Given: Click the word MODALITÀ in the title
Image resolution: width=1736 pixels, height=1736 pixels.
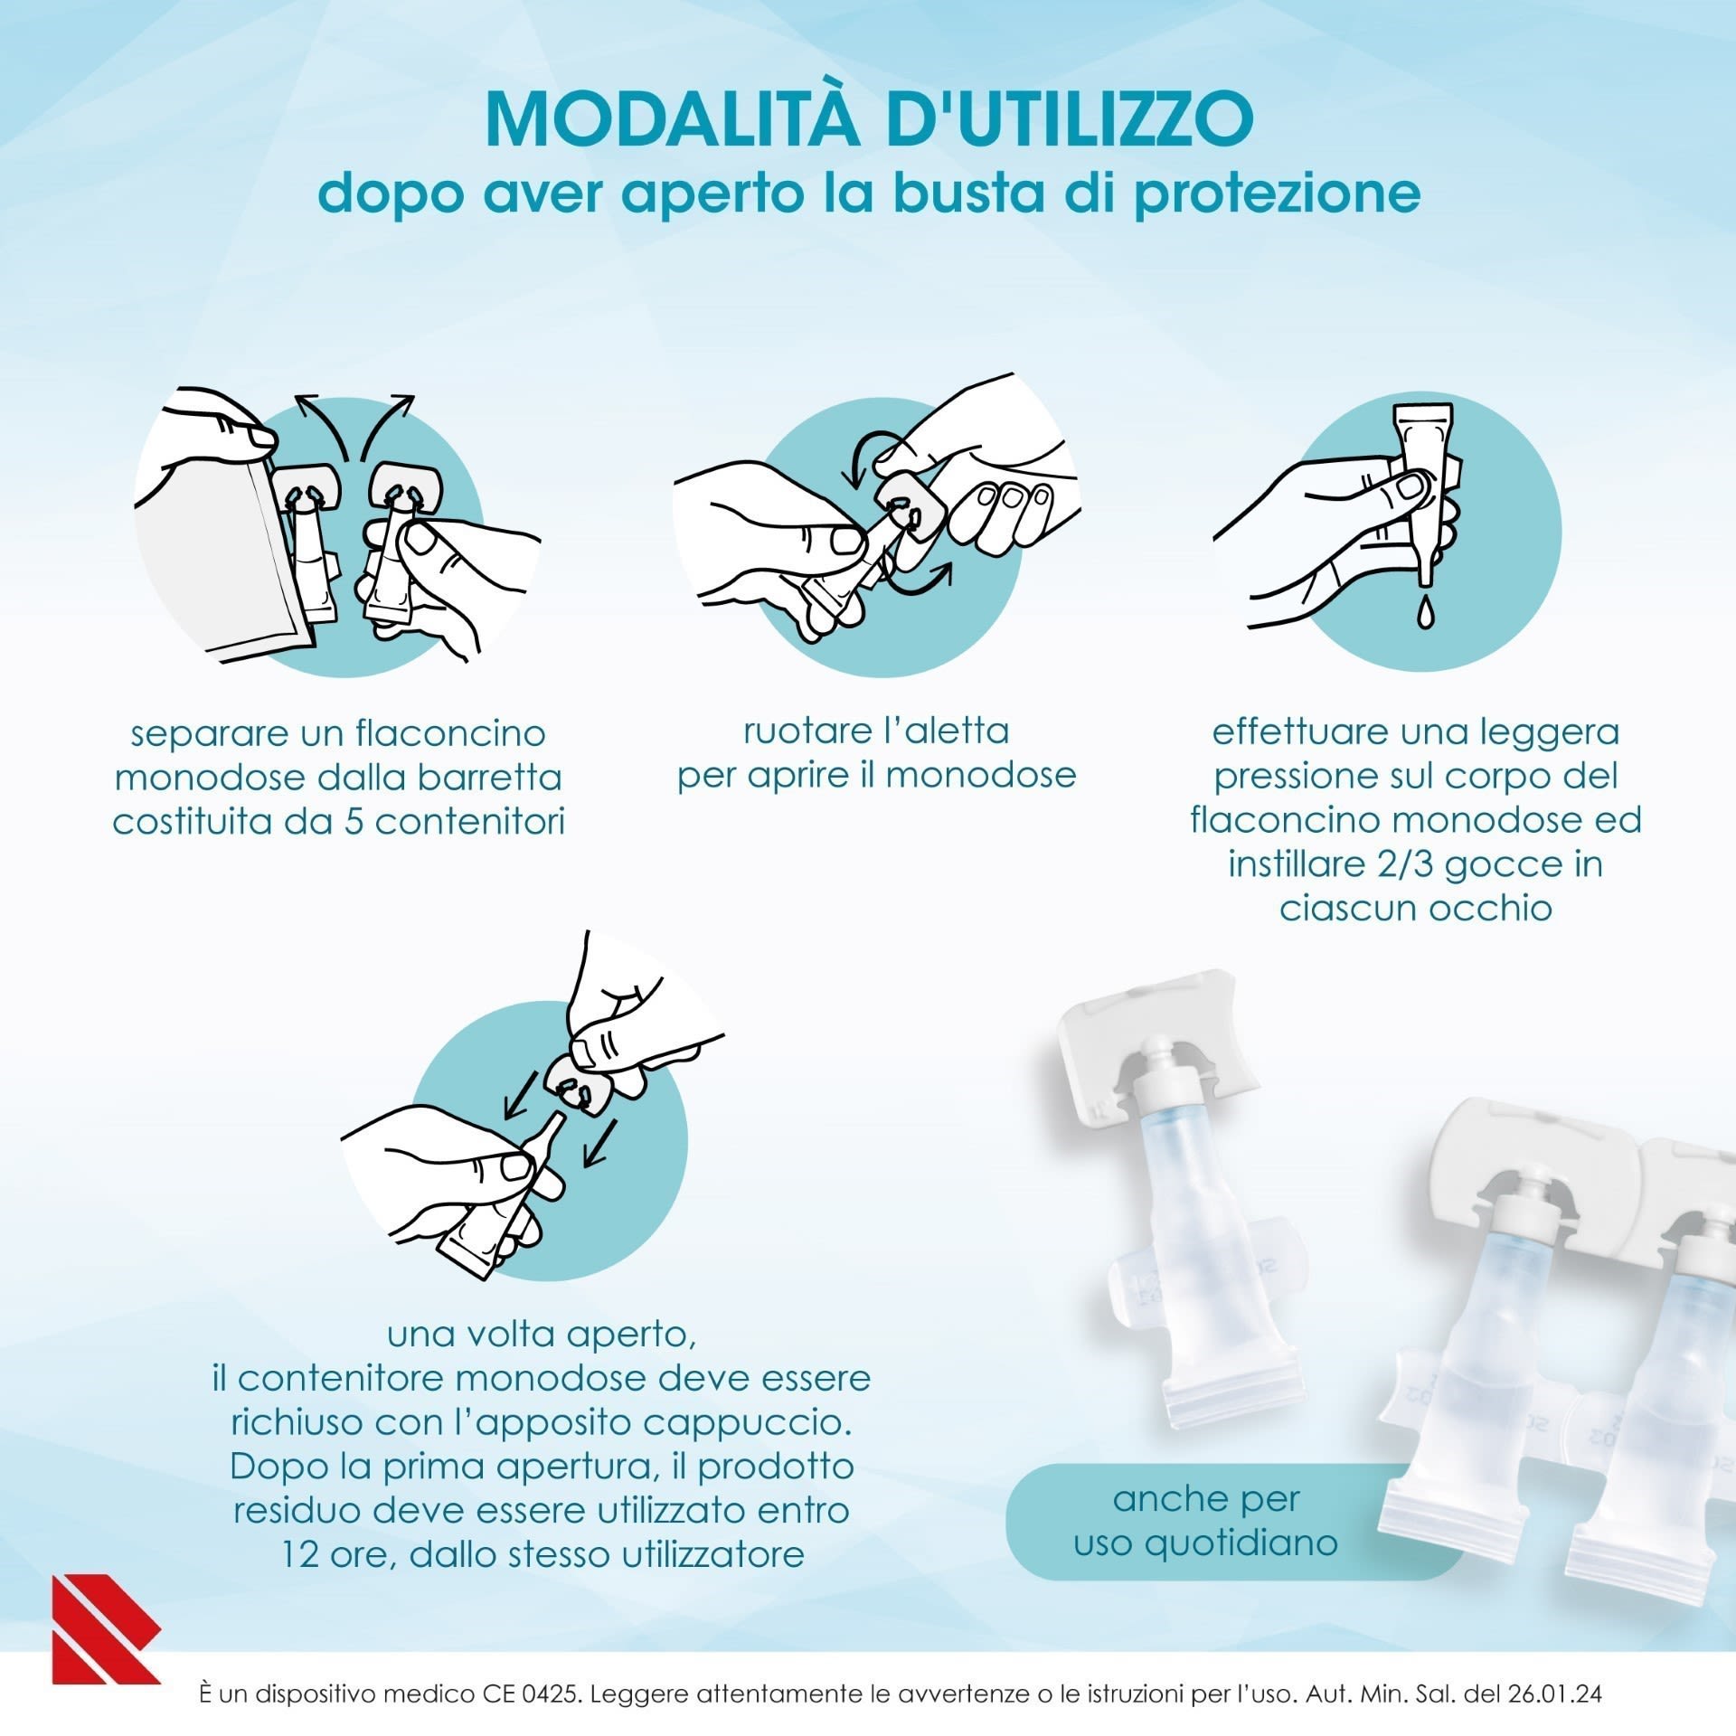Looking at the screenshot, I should pos(672,118).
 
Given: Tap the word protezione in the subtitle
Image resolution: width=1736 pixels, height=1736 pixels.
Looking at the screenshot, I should pos(1277,194).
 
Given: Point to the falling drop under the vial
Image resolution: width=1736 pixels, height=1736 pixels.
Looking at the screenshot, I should pos(1425,613).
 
